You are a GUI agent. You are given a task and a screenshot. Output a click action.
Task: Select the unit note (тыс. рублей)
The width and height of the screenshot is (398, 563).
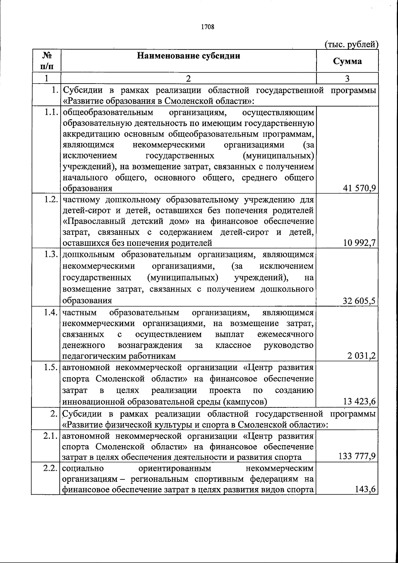point(351,44)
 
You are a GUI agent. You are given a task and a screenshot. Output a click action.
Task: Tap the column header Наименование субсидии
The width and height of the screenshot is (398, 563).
point(189,55)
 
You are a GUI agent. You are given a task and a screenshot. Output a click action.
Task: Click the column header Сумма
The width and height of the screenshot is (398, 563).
point(347,61)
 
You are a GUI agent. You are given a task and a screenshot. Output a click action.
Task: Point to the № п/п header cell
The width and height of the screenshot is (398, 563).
point(46,61)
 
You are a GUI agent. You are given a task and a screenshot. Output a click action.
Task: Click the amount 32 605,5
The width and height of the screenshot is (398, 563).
point(359,301)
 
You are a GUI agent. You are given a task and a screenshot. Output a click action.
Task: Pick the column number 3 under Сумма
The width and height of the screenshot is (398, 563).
point(347,79)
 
